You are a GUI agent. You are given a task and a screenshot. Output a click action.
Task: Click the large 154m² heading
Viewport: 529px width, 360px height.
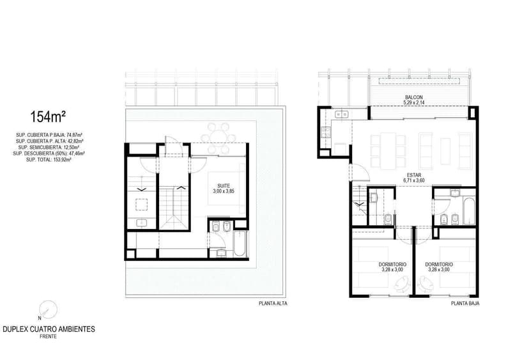[47, 117]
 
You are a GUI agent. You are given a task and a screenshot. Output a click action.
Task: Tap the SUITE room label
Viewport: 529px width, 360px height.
[224, 185]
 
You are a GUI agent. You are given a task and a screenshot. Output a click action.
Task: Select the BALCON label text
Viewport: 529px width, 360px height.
[413, 97]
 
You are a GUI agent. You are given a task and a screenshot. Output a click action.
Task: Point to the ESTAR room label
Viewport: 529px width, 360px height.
[413, 175]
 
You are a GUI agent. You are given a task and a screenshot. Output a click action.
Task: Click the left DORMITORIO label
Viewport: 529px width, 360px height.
[392, 265]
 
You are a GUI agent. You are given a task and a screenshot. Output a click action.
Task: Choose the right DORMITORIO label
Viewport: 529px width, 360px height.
[438, 265]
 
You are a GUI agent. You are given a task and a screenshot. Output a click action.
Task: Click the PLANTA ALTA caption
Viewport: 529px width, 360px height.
[273, 304]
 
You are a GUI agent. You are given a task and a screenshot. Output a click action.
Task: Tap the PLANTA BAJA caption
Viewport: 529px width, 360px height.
[465, 304]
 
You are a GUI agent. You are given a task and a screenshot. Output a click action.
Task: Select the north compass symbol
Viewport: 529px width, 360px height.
[47, 309]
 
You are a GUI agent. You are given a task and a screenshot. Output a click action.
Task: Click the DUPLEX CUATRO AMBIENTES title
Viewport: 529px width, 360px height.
[49, 329]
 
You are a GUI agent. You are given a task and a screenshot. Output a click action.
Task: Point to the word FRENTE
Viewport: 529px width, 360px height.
[49, 336]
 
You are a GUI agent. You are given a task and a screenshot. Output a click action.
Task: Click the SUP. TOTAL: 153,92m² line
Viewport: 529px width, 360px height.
[49, 160]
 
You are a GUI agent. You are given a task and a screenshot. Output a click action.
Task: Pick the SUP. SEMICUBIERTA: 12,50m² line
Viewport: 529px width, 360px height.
[49, 147]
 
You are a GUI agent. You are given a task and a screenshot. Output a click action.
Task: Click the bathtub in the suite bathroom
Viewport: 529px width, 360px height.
[239, 244]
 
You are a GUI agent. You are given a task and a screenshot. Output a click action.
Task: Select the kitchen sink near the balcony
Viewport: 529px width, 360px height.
[341, 114]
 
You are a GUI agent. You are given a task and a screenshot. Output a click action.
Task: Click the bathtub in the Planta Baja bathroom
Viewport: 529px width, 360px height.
[470, 211]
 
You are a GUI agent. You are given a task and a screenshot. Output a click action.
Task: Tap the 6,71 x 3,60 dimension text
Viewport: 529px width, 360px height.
[413, 180]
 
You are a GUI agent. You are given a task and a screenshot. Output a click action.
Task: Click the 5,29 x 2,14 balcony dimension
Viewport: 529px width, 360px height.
[413, 102]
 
